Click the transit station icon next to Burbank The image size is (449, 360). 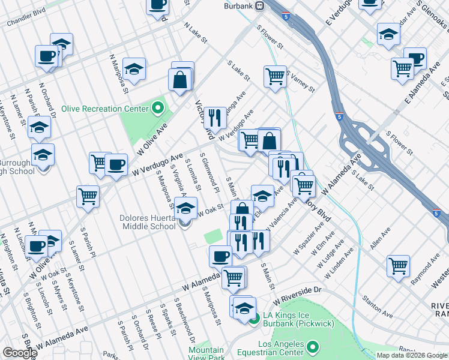point(260,6)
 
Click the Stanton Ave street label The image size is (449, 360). point(377,308)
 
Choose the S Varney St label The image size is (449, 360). point(301,81)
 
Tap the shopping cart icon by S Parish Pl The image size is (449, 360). point(88,196)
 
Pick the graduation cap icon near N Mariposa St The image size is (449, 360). point(134,68)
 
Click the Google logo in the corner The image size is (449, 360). point(19,353)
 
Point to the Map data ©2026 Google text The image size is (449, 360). point(412,355)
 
